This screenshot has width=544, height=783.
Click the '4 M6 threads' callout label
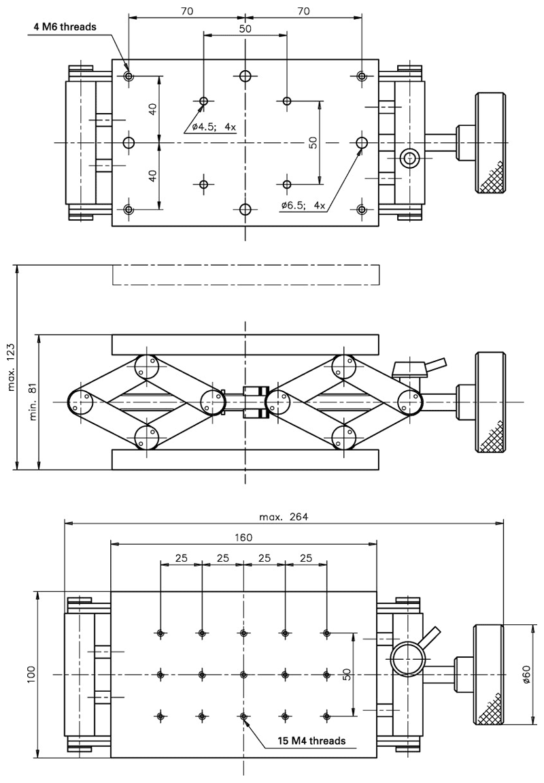65,27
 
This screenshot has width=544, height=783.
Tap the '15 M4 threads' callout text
311,740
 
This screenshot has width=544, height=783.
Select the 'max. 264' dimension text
284,516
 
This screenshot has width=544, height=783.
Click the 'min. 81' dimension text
32,402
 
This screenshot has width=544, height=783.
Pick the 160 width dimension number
243,537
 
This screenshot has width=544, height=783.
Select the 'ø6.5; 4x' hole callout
303,204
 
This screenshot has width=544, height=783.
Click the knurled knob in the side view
490,402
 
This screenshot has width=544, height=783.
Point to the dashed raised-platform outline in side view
245,274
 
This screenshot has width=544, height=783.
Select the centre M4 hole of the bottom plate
243,675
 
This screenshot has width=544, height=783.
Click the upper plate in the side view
245,345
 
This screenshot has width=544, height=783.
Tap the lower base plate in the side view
245,460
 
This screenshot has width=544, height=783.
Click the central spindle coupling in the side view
253,402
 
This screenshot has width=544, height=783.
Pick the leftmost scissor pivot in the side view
81,402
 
